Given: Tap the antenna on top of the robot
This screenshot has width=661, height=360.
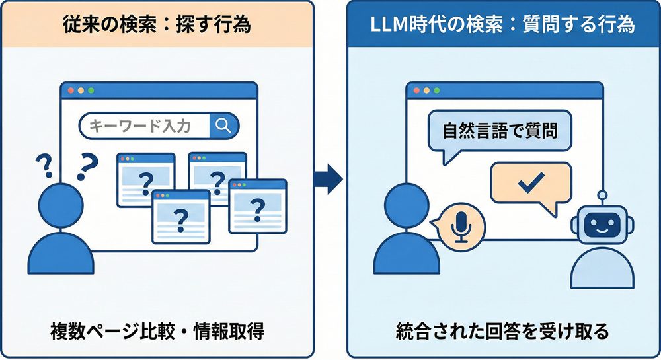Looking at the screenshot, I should coord(602,196).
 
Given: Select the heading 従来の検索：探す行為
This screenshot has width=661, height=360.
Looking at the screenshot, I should coord(157,25).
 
